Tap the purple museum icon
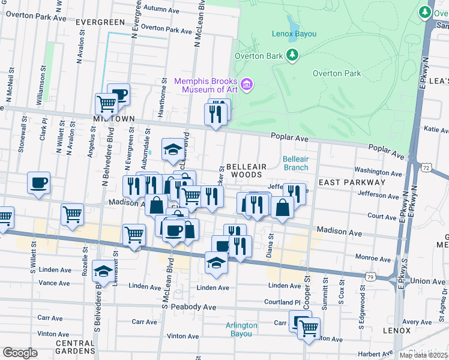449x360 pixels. [x=246, y=85]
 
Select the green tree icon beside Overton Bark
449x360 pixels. [x=292, y=56]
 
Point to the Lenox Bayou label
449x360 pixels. [x=294, y=34]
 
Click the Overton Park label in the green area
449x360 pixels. [x=337, y=73]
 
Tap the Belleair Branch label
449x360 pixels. [x=295, y=163]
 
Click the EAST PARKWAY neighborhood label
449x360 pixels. [x=352, y=182]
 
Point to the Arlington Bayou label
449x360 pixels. [x=241, y=329]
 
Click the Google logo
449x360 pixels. [x=20, y=353]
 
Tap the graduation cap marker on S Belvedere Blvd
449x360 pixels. [x=103, y=272]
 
